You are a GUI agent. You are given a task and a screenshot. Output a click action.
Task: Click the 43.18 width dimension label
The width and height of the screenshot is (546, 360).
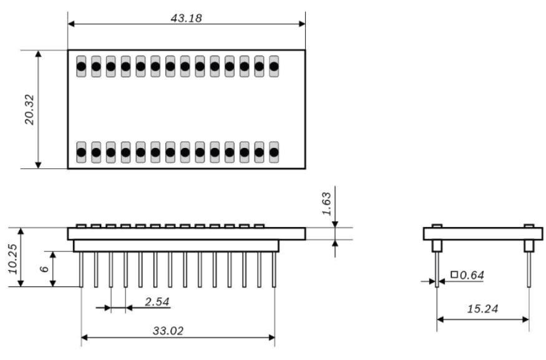tap(186, 17)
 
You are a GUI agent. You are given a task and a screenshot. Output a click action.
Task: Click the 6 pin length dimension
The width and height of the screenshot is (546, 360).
tap(44, 269)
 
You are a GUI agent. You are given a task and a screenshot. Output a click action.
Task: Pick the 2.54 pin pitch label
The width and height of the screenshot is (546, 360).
tap(156, 302)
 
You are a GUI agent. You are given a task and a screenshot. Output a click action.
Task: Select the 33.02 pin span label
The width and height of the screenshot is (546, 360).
tap(168, 331)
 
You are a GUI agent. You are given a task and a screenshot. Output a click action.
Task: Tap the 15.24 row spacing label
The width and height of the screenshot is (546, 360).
tap(482, 309)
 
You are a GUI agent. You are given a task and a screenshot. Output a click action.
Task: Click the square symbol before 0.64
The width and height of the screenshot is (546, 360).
tap(454, 275)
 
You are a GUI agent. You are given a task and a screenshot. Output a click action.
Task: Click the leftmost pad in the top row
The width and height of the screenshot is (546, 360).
tap(81, 66)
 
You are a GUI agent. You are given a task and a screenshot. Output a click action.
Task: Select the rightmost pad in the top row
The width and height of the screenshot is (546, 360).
tap(273, 66)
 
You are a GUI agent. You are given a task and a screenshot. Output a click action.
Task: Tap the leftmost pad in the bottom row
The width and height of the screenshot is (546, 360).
tap(81, 152)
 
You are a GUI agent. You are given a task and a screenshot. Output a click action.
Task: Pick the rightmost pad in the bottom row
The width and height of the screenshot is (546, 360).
tap(273, 152)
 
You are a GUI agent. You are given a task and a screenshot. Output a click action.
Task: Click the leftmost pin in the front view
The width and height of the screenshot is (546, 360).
tap(82, 270)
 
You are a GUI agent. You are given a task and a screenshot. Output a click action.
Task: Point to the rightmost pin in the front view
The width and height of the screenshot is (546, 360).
tap(274, 270)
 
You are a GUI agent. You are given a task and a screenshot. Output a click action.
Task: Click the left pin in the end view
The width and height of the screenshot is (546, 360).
tap(437, 268)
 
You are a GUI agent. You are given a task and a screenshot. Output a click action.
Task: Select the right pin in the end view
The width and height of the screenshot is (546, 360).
tap(529, 268)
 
